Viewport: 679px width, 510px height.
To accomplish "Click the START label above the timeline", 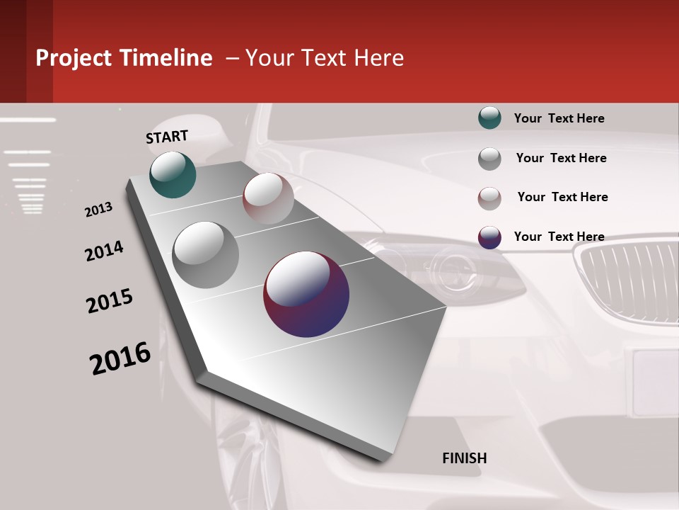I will click(167, 137).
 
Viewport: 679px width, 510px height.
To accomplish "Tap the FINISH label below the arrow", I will click(465, 458).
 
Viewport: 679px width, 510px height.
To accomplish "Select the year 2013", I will click(98, 210).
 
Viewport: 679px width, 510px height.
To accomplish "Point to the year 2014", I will click(104, 251).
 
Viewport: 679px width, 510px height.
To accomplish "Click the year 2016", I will click(120, 358).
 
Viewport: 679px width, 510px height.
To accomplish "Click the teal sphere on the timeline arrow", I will click(173, 174).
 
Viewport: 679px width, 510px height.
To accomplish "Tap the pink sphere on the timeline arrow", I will click(268, 198).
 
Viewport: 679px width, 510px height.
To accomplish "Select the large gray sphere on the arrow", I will click(206, 255).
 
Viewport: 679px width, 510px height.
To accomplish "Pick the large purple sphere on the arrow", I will click(306, 294).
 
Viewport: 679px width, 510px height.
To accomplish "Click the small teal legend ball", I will click(489, 118).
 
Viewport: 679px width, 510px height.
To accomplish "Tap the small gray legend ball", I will click(489, 159).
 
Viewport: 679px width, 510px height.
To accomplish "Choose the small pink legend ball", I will click(489, 198).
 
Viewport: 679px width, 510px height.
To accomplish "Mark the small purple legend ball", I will click(489, 237).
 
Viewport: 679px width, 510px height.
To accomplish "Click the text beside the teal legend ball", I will click(559, 118).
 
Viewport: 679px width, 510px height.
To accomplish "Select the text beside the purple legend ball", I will click(559, 237).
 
